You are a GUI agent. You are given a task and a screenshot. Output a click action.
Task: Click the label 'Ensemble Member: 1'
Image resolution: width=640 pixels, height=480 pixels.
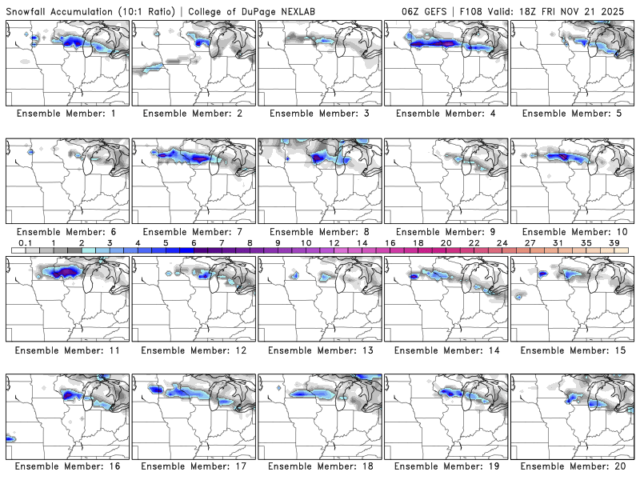tap(66, 114)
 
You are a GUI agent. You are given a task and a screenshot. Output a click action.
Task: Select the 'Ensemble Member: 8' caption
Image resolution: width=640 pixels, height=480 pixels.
tap(320, 231)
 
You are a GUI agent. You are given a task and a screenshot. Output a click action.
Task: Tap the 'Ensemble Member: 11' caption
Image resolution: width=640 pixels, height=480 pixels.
tap(66, 350)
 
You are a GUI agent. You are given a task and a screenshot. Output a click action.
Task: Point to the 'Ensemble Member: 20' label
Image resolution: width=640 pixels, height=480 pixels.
tap(573, 466)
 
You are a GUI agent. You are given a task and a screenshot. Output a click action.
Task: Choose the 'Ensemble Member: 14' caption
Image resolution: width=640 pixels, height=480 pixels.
tap(446, 350)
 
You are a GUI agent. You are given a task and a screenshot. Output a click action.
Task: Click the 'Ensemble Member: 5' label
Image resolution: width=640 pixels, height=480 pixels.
tap(573, 114)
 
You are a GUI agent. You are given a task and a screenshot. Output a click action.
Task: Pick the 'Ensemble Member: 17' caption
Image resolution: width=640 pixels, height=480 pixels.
tap(193, 466)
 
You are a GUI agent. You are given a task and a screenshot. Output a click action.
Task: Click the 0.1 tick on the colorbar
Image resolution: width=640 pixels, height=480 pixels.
tap(25, 242)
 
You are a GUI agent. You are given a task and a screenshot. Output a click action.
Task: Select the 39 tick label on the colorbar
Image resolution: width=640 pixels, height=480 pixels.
tap(614, 242)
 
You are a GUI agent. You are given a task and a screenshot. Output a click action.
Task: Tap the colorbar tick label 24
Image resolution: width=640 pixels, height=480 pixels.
tap(502, 242)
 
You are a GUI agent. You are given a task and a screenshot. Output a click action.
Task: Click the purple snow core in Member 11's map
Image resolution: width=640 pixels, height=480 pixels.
tap(65, 272)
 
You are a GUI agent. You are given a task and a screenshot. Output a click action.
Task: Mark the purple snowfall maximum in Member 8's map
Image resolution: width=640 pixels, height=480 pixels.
tap(318, 158)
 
